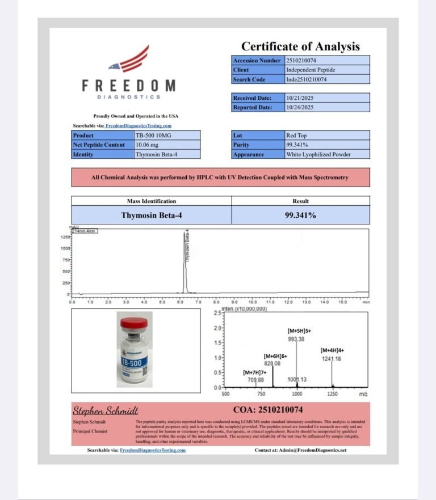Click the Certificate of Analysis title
pyautogui.click(x=300, y=46)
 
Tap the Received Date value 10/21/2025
pyautogui.click(x=300, y=98)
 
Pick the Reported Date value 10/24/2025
pyautogui.click(x=300, y=107)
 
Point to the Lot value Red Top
pyautogui.click(x=297, y=135)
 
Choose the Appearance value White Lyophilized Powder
pyautogui.click(x=318, y=154)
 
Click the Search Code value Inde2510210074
pyautogui.click(x=307, y=79)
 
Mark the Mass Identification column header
pyautogui.click(x=151, y=201)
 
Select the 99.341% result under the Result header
pyautogui.click(x=300, y=215)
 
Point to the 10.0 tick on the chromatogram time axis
pyautogui.click(x=253, y=302)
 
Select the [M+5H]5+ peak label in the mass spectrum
pyautogui.click(x=300, y=330)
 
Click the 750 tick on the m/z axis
pyautogui.click(x=261, y=393)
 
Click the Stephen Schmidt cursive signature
pyautogui.click(x=106, y=410)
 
